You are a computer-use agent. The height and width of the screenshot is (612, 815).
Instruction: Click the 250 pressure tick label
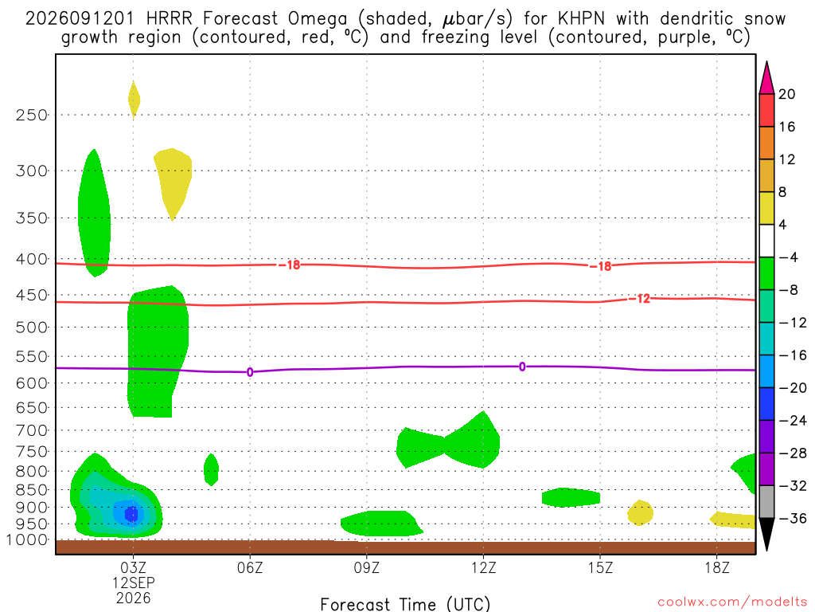click(32, 115)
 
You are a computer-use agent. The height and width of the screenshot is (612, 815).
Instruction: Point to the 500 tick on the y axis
click(32, 328)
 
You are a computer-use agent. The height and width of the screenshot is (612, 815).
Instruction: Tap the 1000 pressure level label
click(28, 540)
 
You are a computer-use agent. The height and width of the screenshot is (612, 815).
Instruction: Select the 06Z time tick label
click(250, 567)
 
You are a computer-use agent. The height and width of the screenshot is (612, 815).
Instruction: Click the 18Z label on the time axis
click(717, 567)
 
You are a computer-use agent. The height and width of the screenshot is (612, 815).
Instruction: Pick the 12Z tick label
click(483, 567)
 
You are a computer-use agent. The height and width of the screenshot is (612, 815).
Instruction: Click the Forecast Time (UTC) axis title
click(405, 604)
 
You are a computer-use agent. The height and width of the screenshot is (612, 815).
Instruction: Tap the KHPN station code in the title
click(581, 19)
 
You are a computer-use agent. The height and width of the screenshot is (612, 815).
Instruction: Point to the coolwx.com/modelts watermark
click(732, 602)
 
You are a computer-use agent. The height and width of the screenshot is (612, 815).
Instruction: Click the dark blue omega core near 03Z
click(131, 514)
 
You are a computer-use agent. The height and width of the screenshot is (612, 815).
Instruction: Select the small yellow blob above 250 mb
click(134, 100)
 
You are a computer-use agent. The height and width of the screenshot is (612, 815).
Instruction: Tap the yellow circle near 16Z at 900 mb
click(640, 512)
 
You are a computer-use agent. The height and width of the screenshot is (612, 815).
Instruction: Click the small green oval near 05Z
click(211, 469)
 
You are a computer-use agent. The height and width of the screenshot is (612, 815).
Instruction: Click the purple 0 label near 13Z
click(522, 367)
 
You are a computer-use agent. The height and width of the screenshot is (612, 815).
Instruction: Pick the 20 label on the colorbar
click(787, 94)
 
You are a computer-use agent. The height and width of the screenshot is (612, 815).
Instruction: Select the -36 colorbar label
click(793, 518)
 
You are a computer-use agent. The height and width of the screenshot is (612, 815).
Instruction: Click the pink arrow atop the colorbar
click(766, 78)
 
